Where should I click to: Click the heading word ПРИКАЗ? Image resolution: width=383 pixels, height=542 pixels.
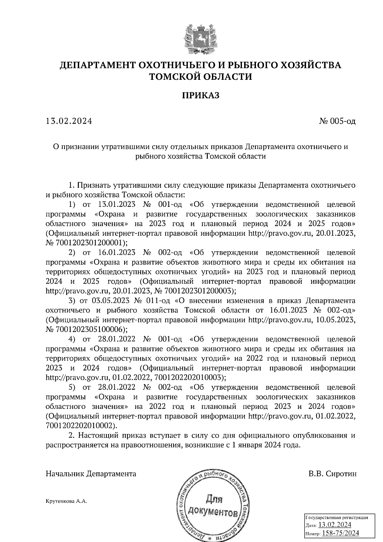(x=201, y=95)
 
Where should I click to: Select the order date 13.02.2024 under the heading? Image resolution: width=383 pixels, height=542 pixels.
(x=69, y=121)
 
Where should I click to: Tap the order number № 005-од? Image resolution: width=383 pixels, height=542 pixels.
(x=337, y=121)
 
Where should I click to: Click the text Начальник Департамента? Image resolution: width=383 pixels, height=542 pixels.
(x=91, y=474)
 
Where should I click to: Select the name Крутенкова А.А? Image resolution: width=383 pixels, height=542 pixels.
(x=66, y=501)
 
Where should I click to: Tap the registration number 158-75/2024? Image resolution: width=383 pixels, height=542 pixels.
(x=341, y=533)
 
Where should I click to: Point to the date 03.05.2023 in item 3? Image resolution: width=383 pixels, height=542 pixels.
(x=110, y=301)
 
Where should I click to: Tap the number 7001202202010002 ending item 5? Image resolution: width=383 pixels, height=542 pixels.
(x=80, y=425)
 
